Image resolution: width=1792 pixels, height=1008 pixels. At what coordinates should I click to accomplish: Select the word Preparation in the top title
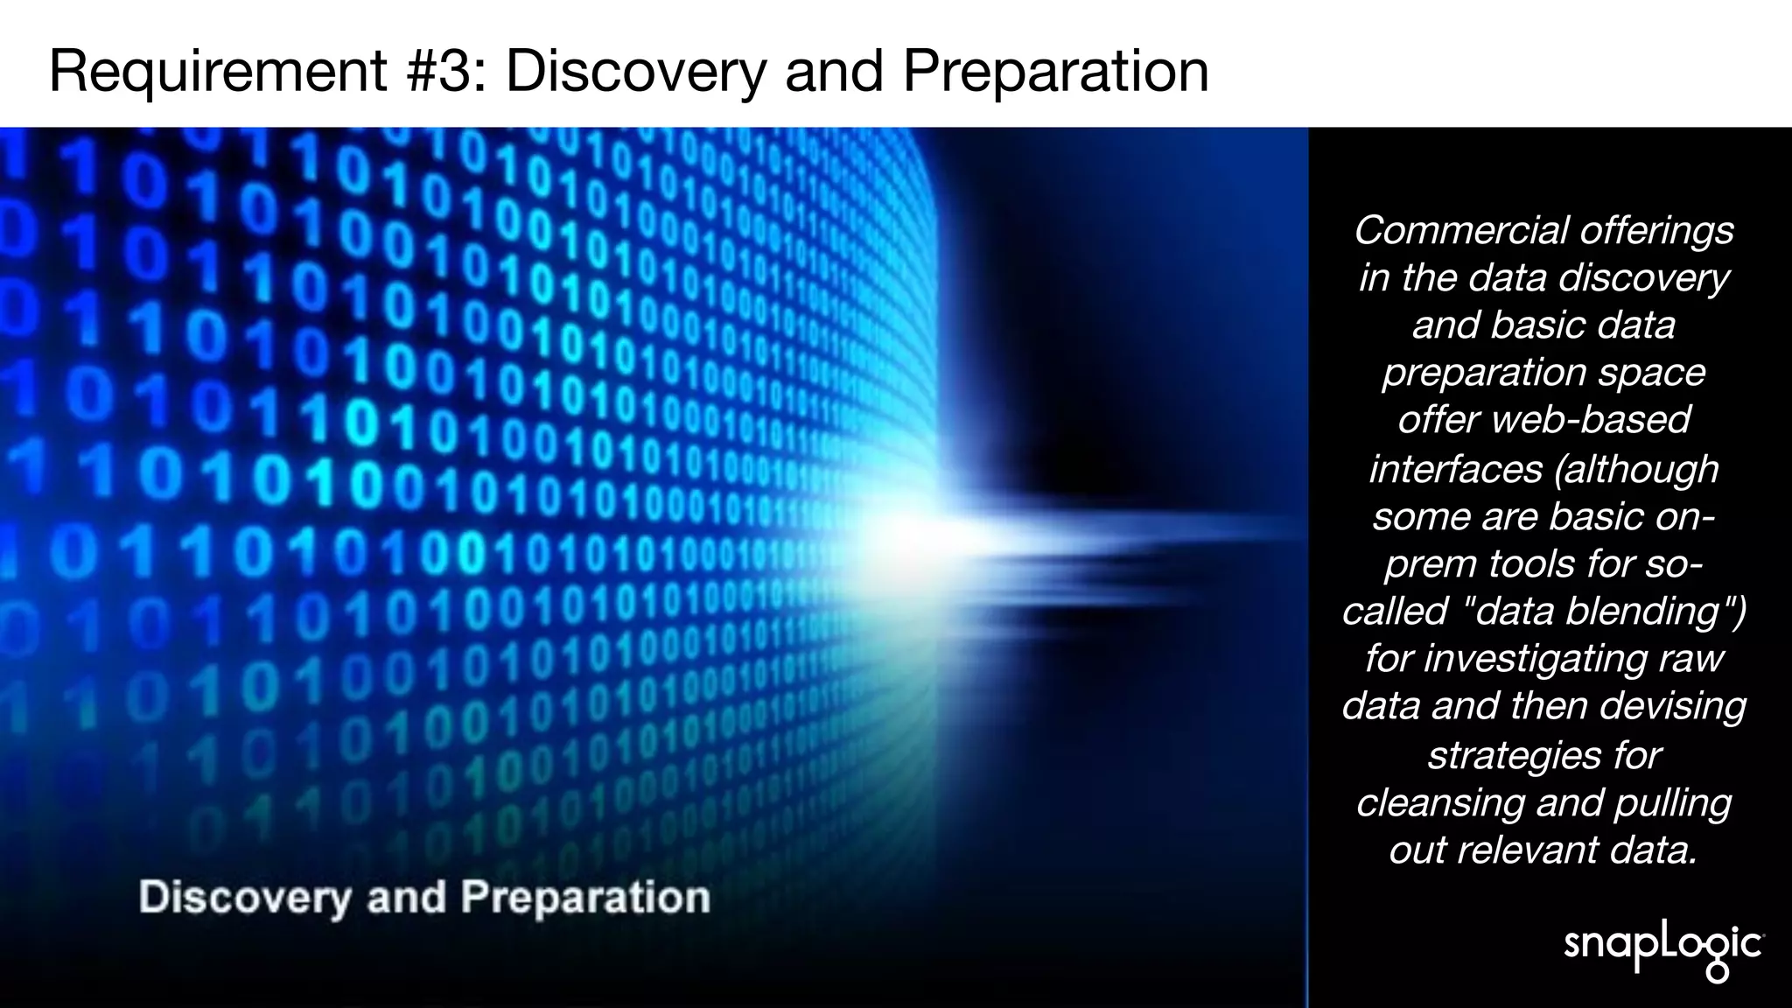point(1055,71)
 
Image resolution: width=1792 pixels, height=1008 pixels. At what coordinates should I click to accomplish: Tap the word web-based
point(1591,420)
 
